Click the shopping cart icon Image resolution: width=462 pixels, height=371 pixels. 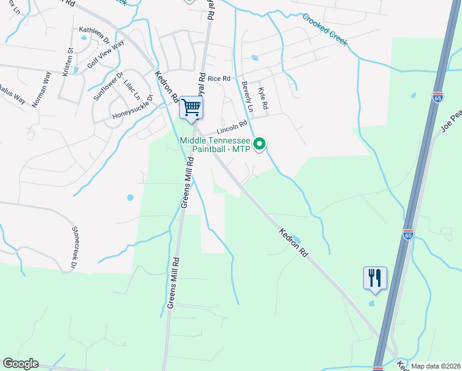point(191,108)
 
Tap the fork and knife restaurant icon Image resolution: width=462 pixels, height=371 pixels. point(375,278)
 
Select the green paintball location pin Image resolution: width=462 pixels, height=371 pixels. point(260,145)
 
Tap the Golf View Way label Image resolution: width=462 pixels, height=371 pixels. point(106,54)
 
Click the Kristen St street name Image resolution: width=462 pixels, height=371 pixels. point(67,62)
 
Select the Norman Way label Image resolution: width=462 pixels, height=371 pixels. point(41,89)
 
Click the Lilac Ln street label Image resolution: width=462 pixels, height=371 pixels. point(132,90)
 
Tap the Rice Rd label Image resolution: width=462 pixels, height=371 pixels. point(219,79)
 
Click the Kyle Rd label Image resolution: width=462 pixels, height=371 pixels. point(262,98)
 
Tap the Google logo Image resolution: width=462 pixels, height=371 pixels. point(20,364)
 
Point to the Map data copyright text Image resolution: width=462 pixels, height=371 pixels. point(435,366)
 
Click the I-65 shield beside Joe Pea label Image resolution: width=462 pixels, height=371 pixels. point(437,98)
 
